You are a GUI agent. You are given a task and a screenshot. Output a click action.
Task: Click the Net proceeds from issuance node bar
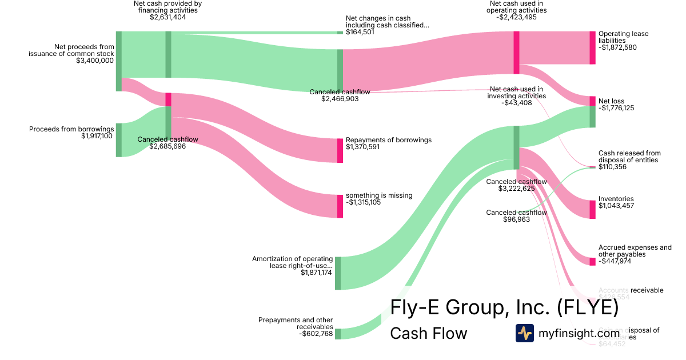[x=118, y=61]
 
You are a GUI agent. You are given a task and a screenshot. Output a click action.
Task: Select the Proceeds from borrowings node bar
[x=118, y=139]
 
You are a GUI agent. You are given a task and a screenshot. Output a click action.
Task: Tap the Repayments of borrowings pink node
[x=340, y=150]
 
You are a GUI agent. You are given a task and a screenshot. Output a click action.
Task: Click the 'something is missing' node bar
[x=340, y=206]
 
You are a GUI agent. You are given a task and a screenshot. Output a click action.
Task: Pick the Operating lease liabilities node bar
[x=592, y=47]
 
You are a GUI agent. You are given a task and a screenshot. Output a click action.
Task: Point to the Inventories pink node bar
[x=592, y=209]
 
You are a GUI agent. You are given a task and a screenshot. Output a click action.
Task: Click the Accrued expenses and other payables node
[x=592, y=261]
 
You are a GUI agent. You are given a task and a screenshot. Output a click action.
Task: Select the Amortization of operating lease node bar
[x=338, y=273]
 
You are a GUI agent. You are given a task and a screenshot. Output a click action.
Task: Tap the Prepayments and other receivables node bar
[x=338, y=334]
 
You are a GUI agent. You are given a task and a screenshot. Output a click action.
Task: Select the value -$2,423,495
[x=517, y=17]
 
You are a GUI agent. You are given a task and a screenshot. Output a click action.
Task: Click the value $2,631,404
[x=168, y=17]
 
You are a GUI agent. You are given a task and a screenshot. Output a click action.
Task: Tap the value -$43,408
[x=517, y=103]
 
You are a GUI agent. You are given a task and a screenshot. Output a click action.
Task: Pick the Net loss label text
[x=611, y=101]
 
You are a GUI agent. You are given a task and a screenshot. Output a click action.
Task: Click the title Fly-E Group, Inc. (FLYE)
[x=504, y=307]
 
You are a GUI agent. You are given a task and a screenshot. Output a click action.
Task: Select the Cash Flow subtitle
[x=428, y=333]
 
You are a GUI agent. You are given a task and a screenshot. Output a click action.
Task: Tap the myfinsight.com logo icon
[x=524, y=333]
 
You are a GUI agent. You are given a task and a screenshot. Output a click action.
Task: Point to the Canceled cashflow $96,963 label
[x=517, y=215]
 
